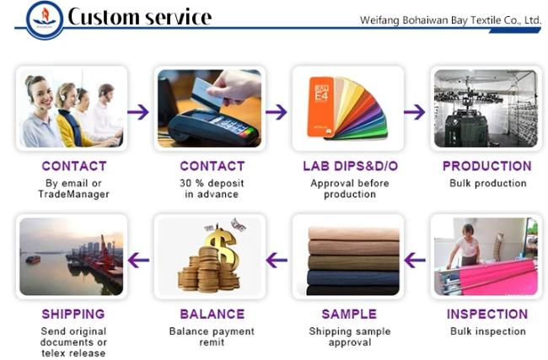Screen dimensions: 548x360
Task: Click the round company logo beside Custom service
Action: click(45, 20)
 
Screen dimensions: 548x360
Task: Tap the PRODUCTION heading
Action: click(486, 166)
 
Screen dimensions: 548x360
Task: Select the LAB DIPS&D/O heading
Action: click(350, 166)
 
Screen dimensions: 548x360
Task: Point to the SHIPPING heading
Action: click(73, 314)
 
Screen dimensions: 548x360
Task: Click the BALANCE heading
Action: click(212, 314)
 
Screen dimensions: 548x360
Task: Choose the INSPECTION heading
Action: click(487, 314)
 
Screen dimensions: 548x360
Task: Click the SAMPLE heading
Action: click(349, 314)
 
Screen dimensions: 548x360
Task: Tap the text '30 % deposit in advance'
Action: click(212, 189)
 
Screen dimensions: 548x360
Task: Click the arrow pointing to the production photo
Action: click(415, 112)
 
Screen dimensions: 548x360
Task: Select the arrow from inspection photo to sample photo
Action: click(415, 260)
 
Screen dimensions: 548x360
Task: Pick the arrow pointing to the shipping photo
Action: click(138, 260)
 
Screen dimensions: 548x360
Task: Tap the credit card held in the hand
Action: click(207, 92)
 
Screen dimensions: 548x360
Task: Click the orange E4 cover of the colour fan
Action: click(320, 106)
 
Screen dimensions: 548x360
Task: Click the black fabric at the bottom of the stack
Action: click(352, 290)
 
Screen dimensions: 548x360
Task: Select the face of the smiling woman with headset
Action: click(41, 93)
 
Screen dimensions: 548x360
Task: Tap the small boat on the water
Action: click(33, 259)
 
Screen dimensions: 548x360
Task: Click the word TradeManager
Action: click(73, 194)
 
